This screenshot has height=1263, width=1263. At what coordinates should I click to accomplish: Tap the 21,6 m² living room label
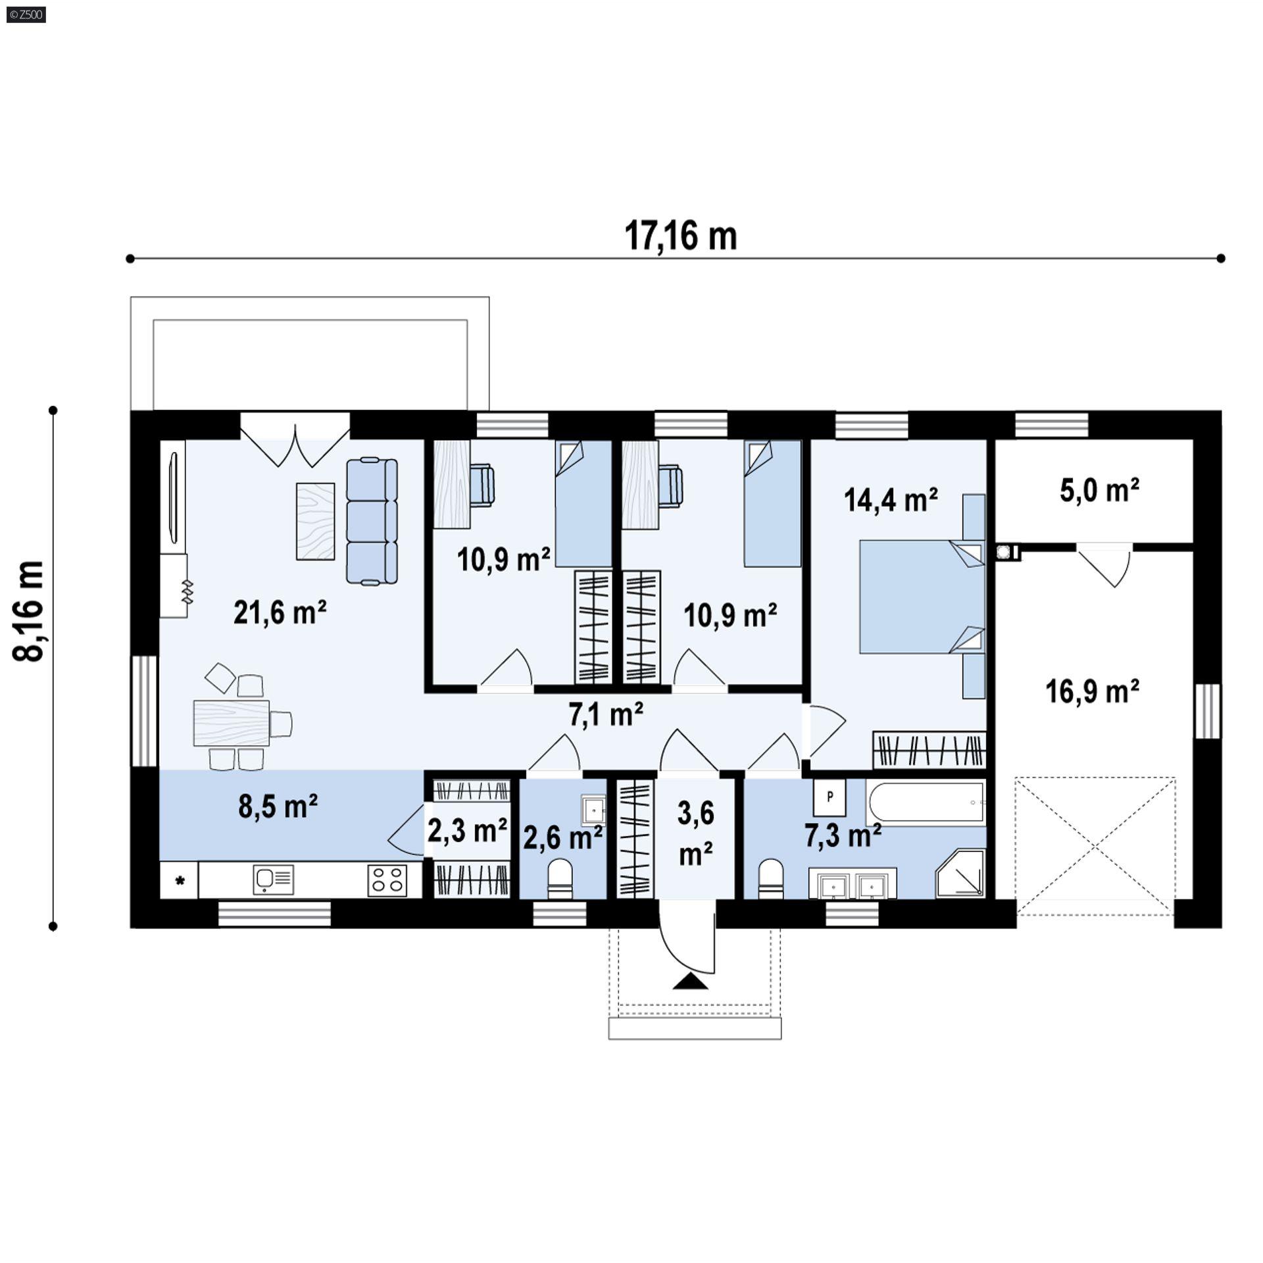tap(280, 613)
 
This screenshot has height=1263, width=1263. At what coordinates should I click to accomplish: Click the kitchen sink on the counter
tap(273, 879)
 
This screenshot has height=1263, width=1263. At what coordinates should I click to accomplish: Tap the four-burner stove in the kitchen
tap(386, 879)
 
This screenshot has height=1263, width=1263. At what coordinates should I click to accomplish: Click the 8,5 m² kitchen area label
tap(278, 806)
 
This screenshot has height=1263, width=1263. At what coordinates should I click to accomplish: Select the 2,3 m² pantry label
tap(467, 831)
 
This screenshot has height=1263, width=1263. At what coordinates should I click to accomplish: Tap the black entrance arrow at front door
tap(690, 982)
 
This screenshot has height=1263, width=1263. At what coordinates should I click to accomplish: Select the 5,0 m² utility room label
tap(1099, 491)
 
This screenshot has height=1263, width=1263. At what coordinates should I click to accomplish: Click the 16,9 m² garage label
tap(1092, 692)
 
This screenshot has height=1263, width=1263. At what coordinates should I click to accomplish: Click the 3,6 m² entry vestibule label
tap(695, 833)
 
